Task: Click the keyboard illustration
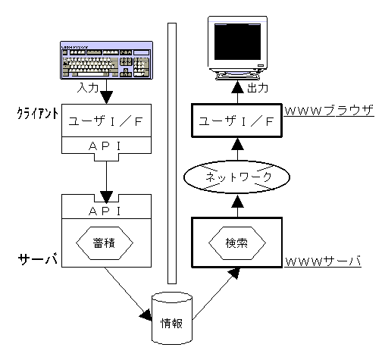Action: tap(106, 60)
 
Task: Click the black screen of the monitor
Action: tap(237, 42)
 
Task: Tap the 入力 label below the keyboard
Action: tap(87, 88)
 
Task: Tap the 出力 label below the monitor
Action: tap(258, 88)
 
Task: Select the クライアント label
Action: tap(38, 113)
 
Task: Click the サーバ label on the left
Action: tap(37, 258)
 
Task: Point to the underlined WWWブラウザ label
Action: tap(329, 111)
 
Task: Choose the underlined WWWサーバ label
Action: tap(323, 261)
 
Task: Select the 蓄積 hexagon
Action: tap(105, 243)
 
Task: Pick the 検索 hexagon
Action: tap(237, 243)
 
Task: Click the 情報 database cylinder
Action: tap(172, 318)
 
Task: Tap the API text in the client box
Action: tap(105, 146)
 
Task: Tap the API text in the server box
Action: tap(105, 211)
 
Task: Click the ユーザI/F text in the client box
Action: tap(106, 121)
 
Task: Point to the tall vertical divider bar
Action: tap(172, 153)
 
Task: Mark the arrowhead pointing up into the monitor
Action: tap(237, 86)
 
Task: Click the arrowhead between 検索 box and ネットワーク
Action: tap(237, 202)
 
